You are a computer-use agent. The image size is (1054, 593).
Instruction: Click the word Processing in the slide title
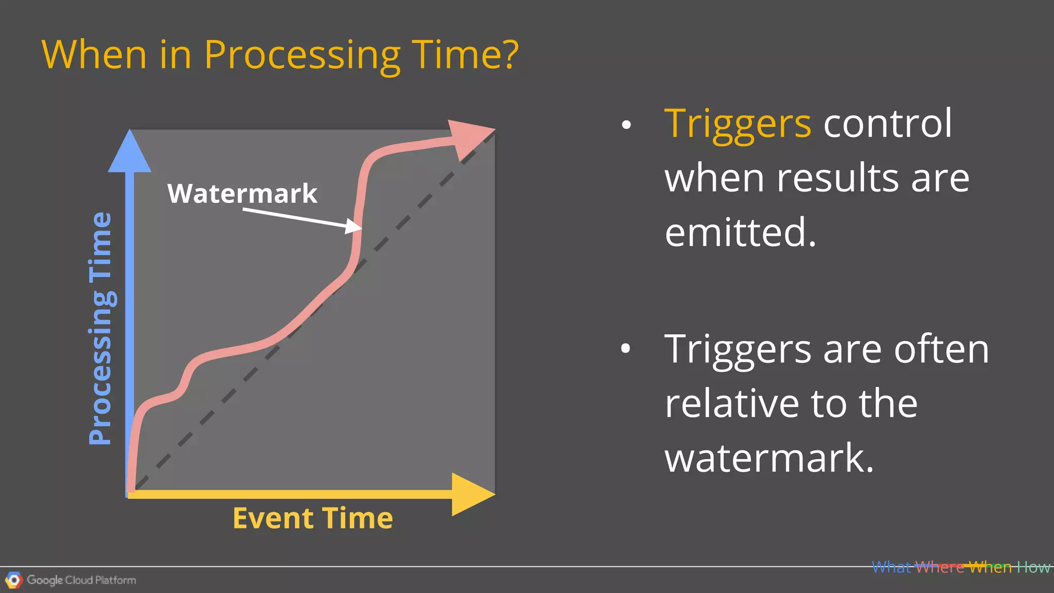(x=302, y=56)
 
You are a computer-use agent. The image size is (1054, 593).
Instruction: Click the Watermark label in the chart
(x=242, y=194)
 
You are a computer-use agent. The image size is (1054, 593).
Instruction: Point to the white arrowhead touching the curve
(x=354, y=226)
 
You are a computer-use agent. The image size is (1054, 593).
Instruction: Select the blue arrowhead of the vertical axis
(x=130, y=152)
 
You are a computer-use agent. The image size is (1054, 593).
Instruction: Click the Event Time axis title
(x=312, y=518)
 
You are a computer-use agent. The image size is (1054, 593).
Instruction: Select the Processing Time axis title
(x=100, y=328)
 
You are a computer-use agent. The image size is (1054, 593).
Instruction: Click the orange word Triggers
(x=737, y=124)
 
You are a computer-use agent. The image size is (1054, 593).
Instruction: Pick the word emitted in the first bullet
(x=740, y=232)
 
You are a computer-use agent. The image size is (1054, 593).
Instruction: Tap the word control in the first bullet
(x=888, y=124)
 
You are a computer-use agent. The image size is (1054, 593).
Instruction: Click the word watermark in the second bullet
(x=769, y=458)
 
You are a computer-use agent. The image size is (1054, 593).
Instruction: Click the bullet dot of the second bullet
(x=625, y=348)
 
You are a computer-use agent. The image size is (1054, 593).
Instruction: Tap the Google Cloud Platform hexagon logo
(x=14, y=580)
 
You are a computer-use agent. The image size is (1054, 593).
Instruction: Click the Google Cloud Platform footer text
(x=81, y=580)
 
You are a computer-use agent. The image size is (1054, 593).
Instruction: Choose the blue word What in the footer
(x=891, y=567)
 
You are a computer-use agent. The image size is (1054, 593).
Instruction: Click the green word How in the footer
(x=1033, y=567)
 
